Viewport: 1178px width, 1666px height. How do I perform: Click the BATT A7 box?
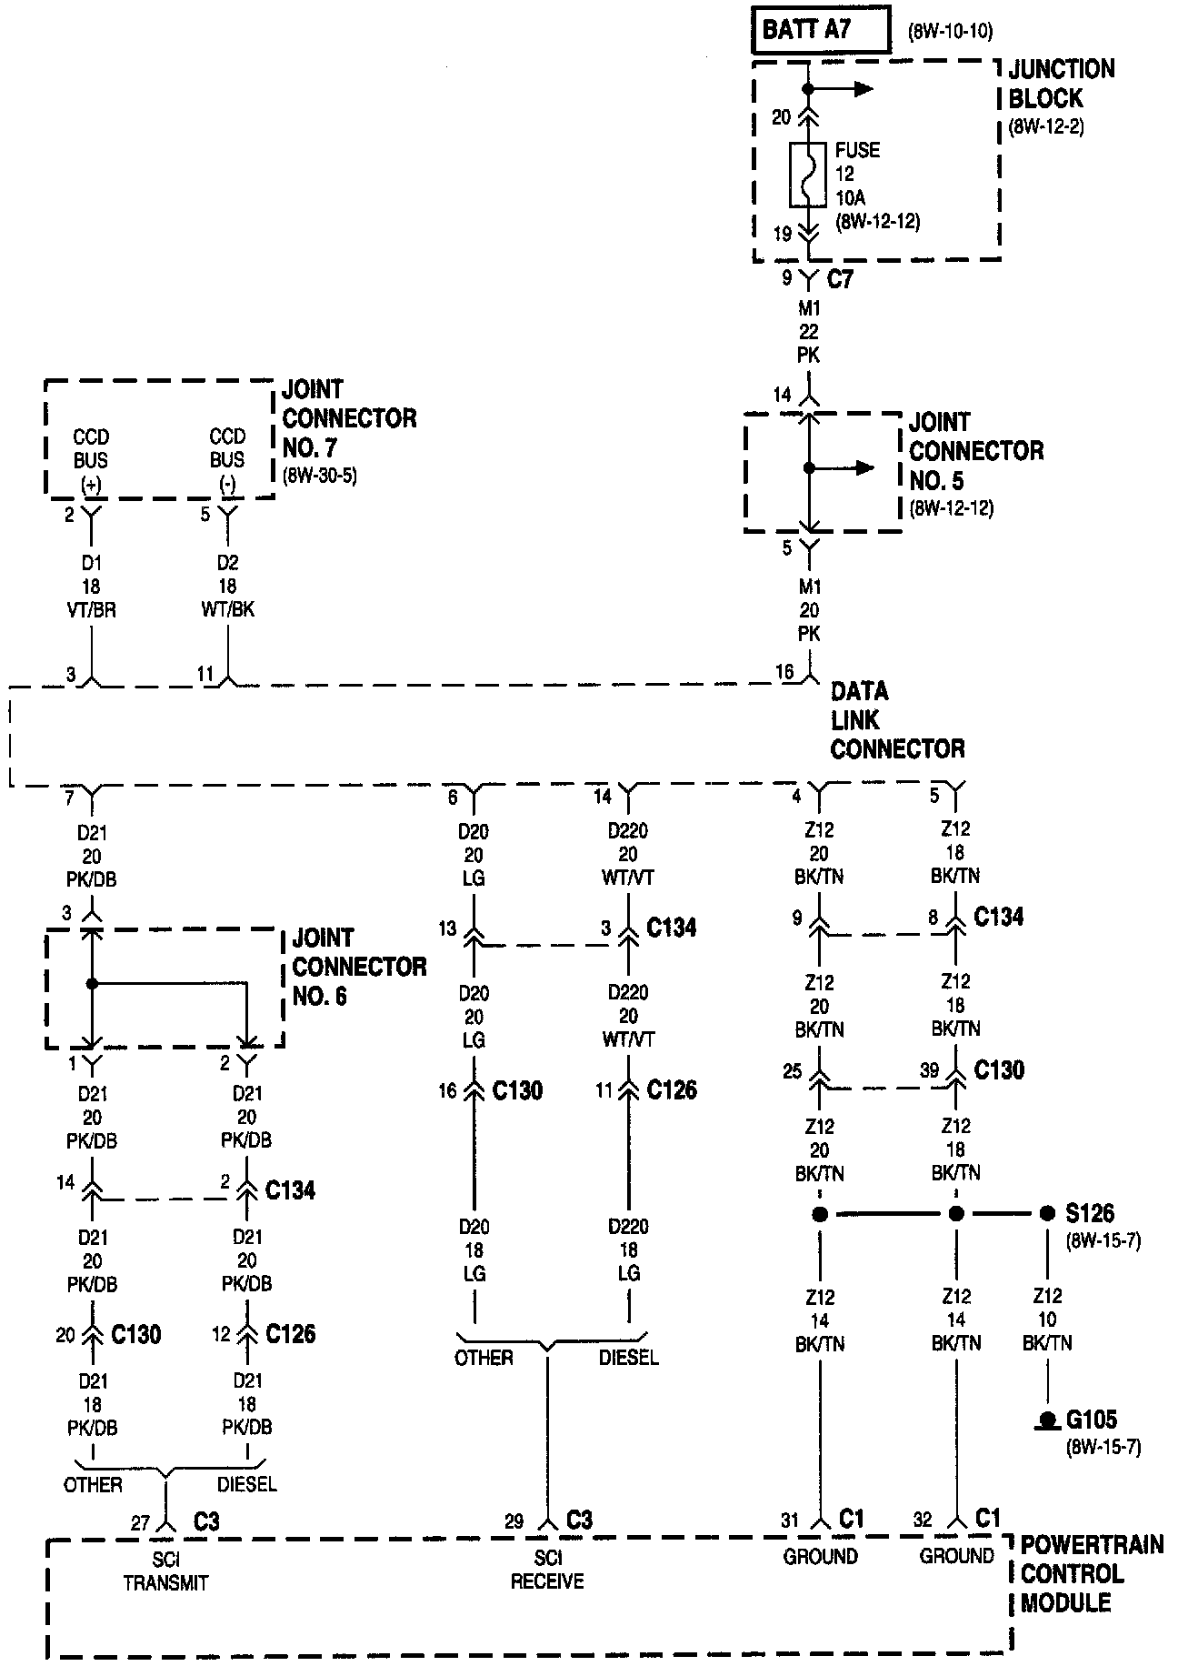click(x=819, y=30)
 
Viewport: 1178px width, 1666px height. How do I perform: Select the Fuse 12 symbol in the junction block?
click(x=807, y=175)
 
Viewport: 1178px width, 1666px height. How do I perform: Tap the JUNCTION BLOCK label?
click(x=1060, y=84)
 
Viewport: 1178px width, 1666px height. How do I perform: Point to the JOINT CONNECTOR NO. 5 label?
click(x=975, y=451)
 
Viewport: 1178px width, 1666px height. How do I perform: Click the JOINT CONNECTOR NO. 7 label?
click(x=348, y=418)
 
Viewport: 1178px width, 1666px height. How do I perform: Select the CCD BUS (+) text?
click(x=91, y=460)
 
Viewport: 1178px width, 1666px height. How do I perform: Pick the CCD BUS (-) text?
click(x=227, y=460)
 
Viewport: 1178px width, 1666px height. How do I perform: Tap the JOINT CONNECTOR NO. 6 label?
click(x=358, y=968)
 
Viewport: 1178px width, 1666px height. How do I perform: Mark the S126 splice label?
click(x=1089, y=1213)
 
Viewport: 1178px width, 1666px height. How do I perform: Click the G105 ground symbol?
click(x=1048, y=1420)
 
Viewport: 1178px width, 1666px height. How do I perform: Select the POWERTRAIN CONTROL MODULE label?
click(x=1089, y=1574)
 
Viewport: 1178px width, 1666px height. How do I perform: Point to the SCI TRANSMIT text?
click(x=165, y=1571)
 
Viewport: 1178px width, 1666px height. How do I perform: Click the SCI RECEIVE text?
click(x=546, y=1571)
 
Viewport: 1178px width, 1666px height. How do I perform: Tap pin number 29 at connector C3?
click(x=514, y=1521)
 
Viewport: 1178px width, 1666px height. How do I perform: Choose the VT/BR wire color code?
click(x=91, y=610)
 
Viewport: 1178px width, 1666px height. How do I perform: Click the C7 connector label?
click(x=841, y=279)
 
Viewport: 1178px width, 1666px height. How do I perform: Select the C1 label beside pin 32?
click(x=987, y=1518)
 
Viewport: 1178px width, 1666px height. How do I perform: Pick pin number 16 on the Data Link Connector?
click(x=784, y=672)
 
